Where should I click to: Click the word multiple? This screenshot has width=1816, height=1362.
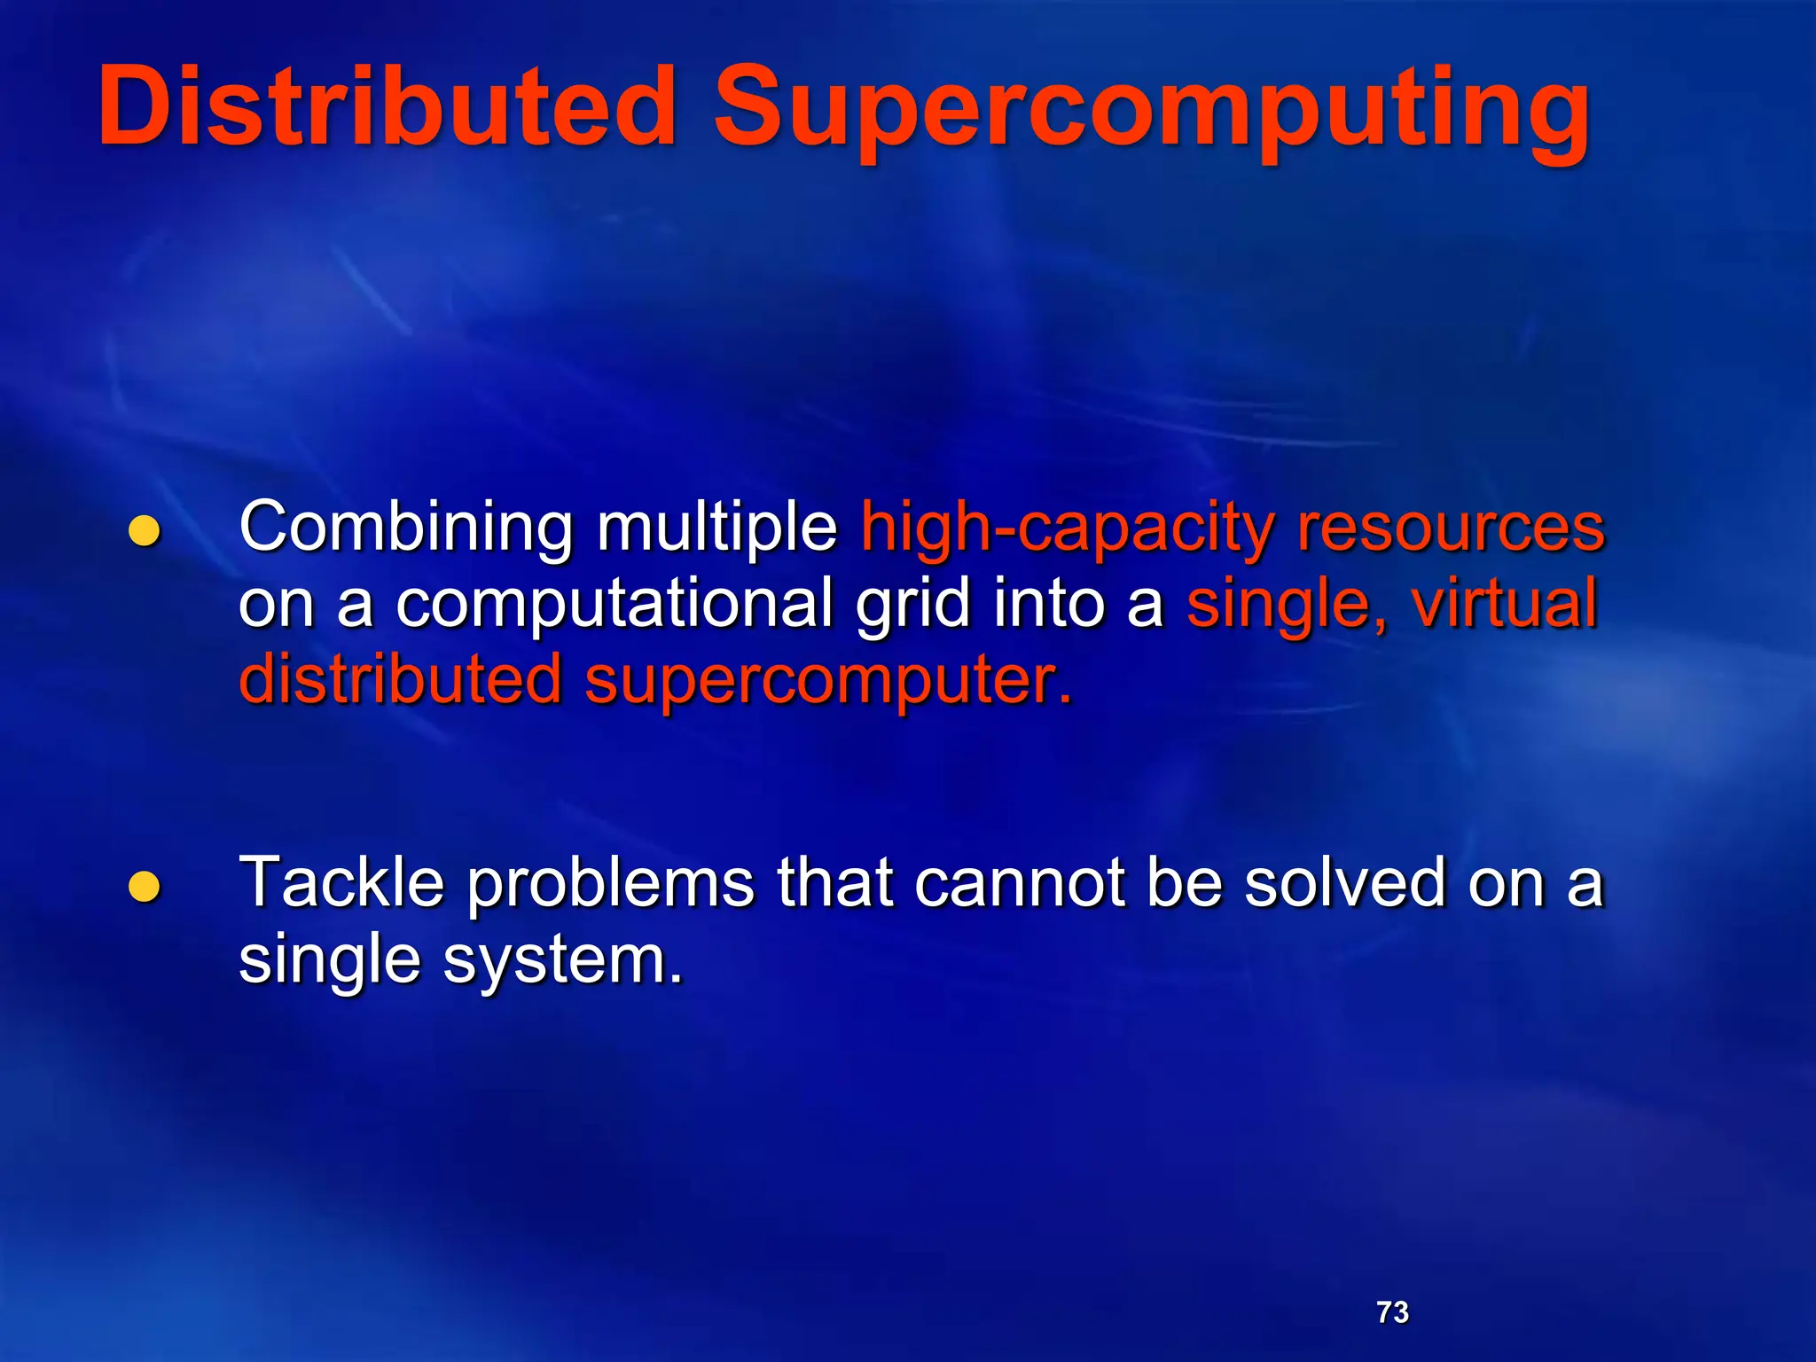[716, 528]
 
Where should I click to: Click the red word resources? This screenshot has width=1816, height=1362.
[1451, 528]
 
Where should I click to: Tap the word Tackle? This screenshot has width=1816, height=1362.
[342, 883]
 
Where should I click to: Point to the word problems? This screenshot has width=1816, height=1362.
[610, 885]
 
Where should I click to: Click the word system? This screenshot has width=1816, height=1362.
[562, 961]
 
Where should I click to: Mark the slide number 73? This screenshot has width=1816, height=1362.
[1392, 1311]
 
